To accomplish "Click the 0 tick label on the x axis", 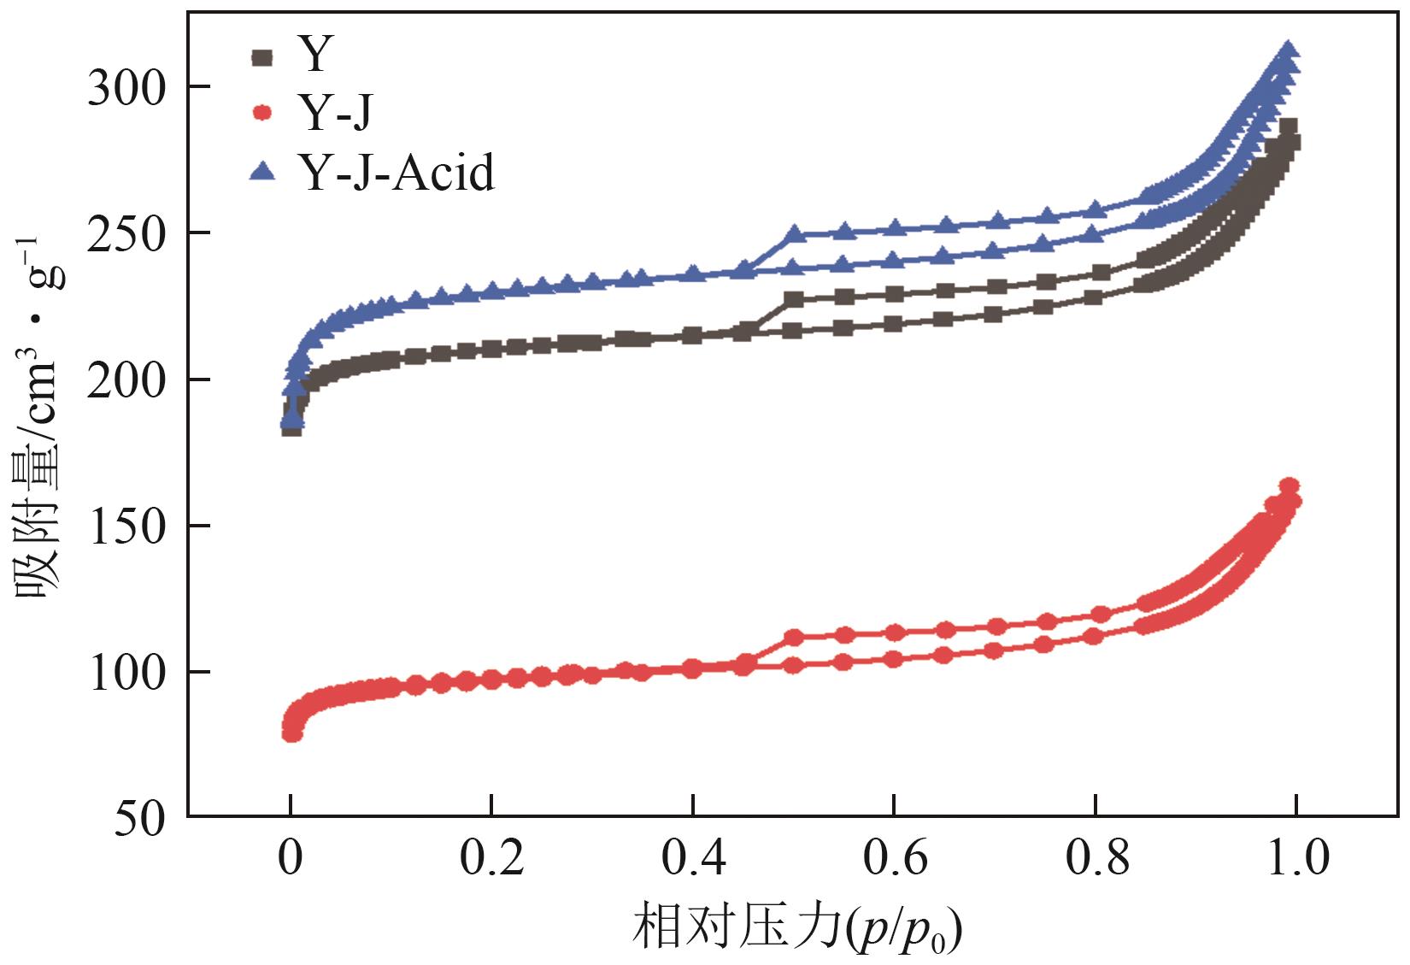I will point(291,857).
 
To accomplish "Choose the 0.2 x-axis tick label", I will point(491,857).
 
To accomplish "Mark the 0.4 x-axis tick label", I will point(693,857).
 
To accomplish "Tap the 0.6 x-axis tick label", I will point(894,857).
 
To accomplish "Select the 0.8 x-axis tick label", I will point(1096,857).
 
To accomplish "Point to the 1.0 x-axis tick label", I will point(1296,857).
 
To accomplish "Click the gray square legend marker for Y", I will point(262,57).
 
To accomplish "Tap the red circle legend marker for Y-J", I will point(262,113).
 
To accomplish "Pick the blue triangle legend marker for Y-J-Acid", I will point(262,172).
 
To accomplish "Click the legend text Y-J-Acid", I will point(397,172).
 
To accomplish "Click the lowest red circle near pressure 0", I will point(292,733).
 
